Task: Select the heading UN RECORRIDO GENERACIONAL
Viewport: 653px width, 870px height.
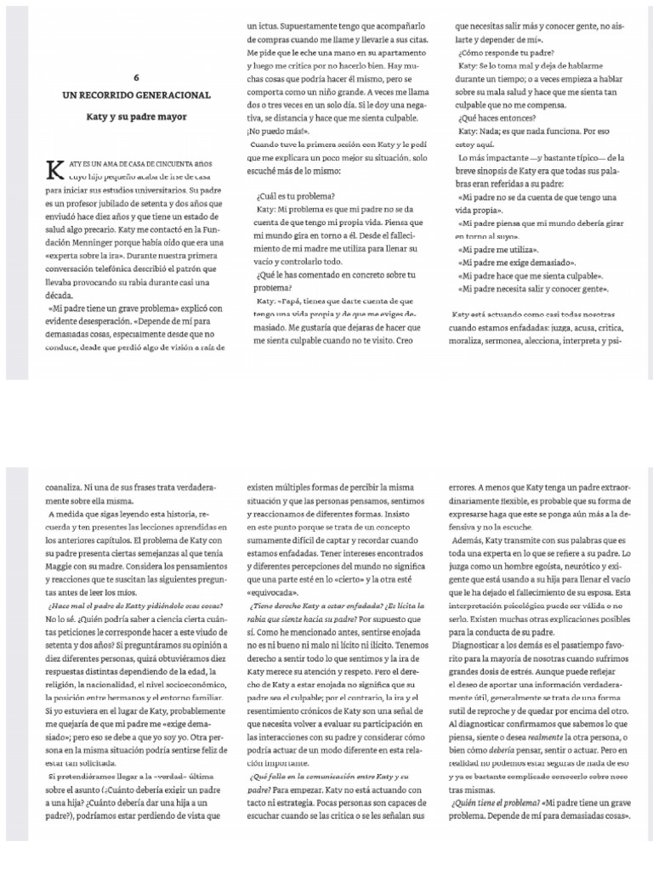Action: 124,94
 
